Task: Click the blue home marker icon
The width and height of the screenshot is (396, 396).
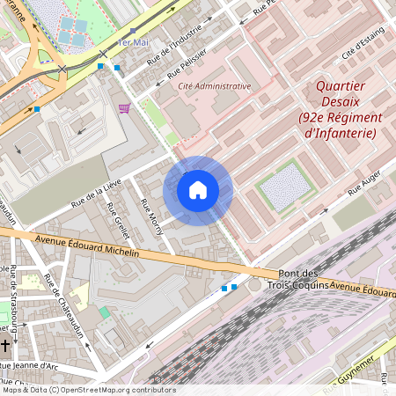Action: coord(198,190)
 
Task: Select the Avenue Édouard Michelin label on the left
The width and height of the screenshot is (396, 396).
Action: coord(87,246)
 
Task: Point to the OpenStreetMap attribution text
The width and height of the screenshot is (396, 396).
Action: coord(88,390)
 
